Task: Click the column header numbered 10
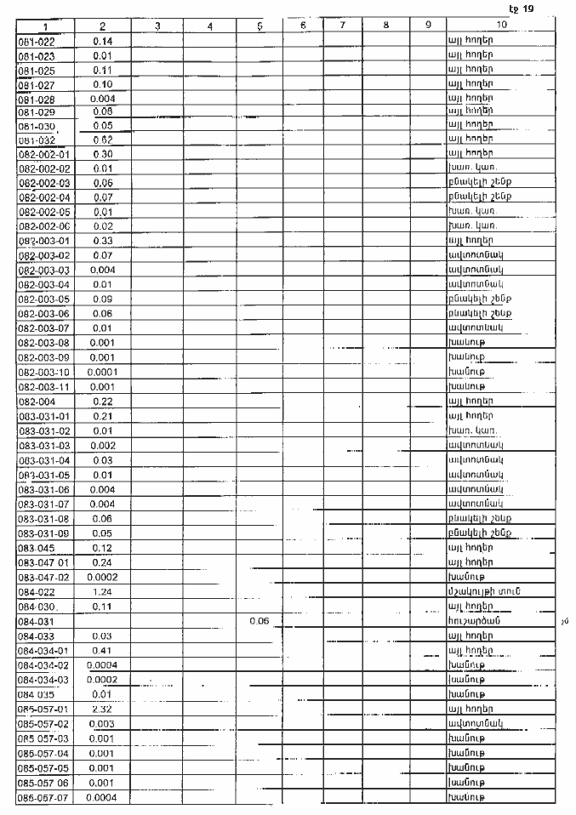[501, 26]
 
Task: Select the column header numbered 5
[259, 26]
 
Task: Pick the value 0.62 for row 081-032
[102, 141]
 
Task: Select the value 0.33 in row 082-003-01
[102, 242]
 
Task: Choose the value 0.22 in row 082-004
[102, 401]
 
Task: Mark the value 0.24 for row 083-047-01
[102, 561]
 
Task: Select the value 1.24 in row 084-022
[102, 590]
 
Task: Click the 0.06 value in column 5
[259, 621]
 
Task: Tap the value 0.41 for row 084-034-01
[102, 651]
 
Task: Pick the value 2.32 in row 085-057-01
[102, 709]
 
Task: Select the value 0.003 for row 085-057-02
[102, 723]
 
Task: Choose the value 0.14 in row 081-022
[102, 41]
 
